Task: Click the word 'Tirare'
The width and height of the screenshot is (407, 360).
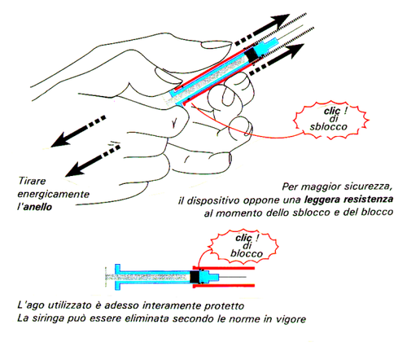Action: pyautogui.click(x=32, y=181)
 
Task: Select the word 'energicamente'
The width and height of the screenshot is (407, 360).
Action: pyautogui.click(x=54, y=195)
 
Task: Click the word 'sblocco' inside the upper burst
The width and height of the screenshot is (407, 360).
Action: pyautogui.click(x=329, y=127)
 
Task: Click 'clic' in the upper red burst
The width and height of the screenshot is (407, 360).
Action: pyautogui.click(x=332, y=111)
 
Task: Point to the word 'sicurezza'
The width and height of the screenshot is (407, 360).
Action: pyautogui.click(x=368, y=187)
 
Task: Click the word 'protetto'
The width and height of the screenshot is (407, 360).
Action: pyautogui.click(x=224, y=305)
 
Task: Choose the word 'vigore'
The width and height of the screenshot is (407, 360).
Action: pyautogui.click(x=291, y=318)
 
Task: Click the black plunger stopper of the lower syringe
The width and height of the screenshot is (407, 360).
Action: pyautogui.click(x=195, y=277)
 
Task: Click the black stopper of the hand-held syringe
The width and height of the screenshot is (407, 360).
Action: pyautogui.click(x=252, y=55)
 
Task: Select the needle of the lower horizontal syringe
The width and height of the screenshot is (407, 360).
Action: pyautogui.click(x=233, y=277)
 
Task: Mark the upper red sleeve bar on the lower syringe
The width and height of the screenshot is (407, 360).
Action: pyautogui.click(x=223, y=268)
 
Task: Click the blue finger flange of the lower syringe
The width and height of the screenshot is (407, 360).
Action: pyautogui.click(x=117, y=277)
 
